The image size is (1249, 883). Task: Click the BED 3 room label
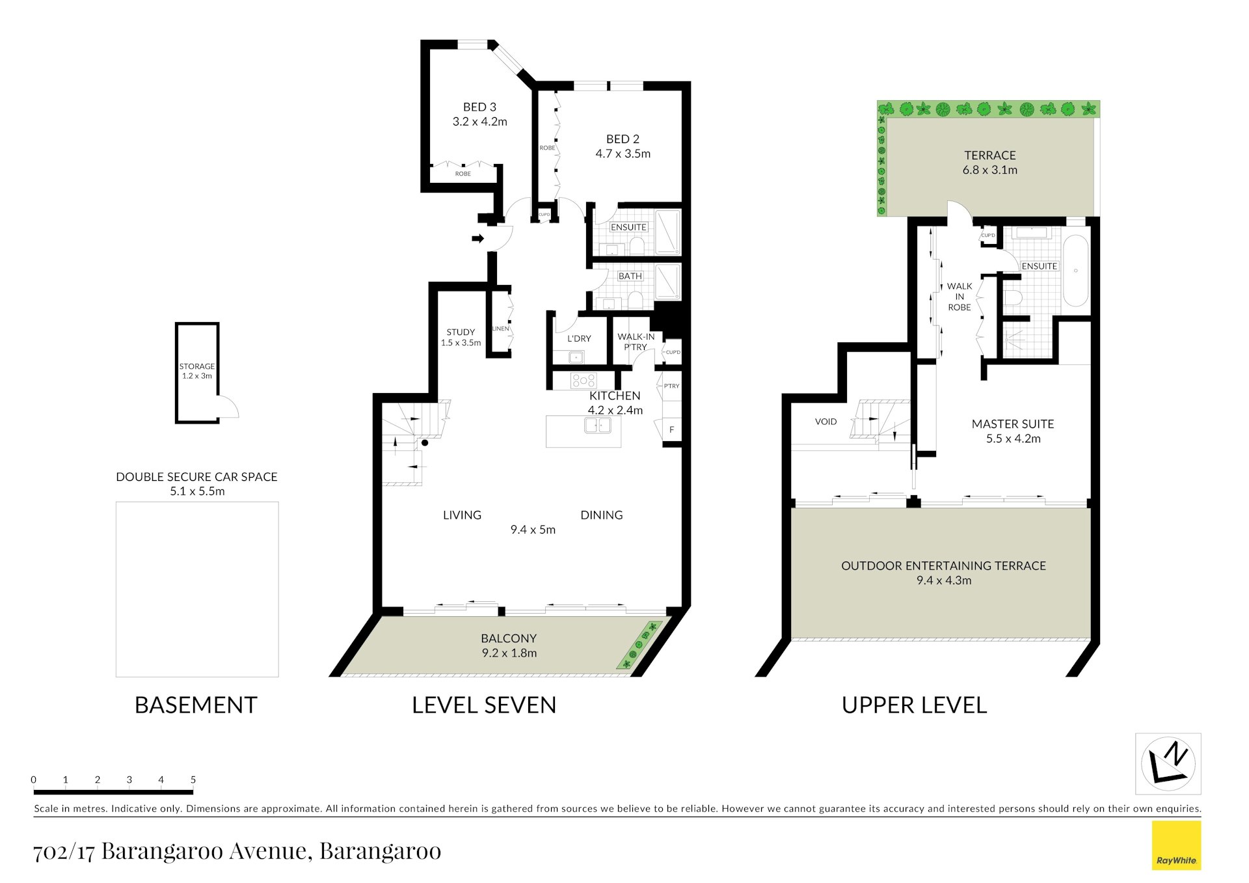(x=479, y=107)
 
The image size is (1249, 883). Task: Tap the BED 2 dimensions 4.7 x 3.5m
(x=623, y=154)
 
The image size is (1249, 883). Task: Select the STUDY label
(x=461, y=332)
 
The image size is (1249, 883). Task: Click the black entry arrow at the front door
(x=478, y=239)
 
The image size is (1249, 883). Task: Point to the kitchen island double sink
(x=597, y=425)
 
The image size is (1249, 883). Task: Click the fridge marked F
(x=671, y=430)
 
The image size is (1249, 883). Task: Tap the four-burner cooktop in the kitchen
(x=583, y=380)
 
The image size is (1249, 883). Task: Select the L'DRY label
(x=579, y=338)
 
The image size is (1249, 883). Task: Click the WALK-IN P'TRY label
(x=636, y=342)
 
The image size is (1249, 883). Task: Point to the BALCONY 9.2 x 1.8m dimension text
(x=509, y=653)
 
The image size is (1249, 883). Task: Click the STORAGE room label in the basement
(x=196, y=366)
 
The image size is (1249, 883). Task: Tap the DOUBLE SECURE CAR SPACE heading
(x=196, y=477)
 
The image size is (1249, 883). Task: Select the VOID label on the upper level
(x=826, y=422)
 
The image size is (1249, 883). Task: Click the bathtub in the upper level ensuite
(x=1075, y=271)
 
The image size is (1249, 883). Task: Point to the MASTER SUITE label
(x=1013, y=424)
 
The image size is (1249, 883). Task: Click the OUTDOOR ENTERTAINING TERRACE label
(x=943, y=565)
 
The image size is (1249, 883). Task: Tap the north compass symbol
(x=1168, y=764)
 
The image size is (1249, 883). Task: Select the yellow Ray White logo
(x=1176, y=845)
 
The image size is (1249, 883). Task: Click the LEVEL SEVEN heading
(x=484, y=705)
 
